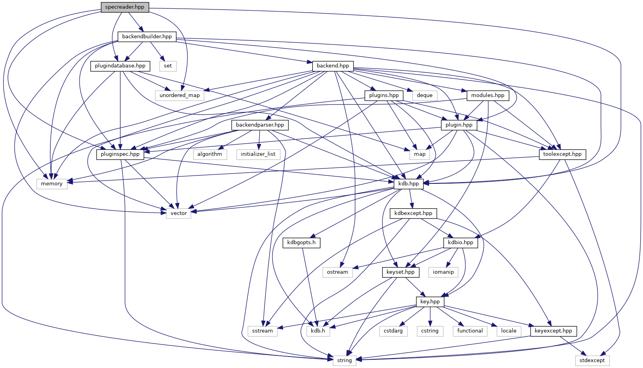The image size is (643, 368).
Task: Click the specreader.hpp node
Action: [x=125, y=7]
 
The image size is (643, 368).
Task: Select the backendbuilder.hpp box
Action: [x=147, y=37]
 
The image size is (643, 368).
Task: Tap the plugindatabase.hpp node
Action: [x=120, y=66]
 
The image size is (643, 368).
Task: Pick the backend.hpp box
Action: [x=333, y=66]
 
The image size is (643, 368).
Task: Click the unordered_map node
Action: [x=180, y=95]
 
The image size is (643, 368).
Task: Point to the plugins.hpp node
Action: [x=384, y=95]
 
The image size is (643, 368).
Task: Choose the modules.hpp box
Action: [x=488, y=95]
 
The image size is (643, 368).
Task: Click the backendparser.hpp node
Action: [x=260, y=125]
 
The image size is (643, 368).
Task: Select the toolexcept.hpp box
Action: [x=562, y=154]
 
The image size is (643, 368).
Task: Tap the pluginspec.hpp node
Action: [x=120, y=154]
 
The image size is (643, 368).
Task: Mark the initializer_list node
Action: [x=258, y=154]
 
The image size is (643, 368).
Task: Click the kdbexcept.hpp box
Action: [x=413, y=213]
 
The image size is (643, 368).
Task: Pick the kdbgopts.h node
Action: [x=301, y=243]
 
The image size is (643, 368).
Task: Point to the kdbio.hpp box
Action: [x=461, y=243]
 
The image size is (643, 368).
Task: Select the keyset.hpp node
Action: [x=401, y=272]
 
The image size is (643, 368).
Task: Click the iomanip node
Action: [x=443, y=272]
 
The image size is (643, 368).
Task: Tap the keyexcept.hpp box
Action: [x=554, y=331]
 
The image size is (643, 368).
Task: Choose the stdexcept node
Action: [x=592, y=361]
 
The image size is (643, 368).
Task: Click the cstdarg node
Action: [x=393, y=331]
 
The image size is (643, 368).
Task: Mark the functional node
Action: [x=470, y=331]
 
